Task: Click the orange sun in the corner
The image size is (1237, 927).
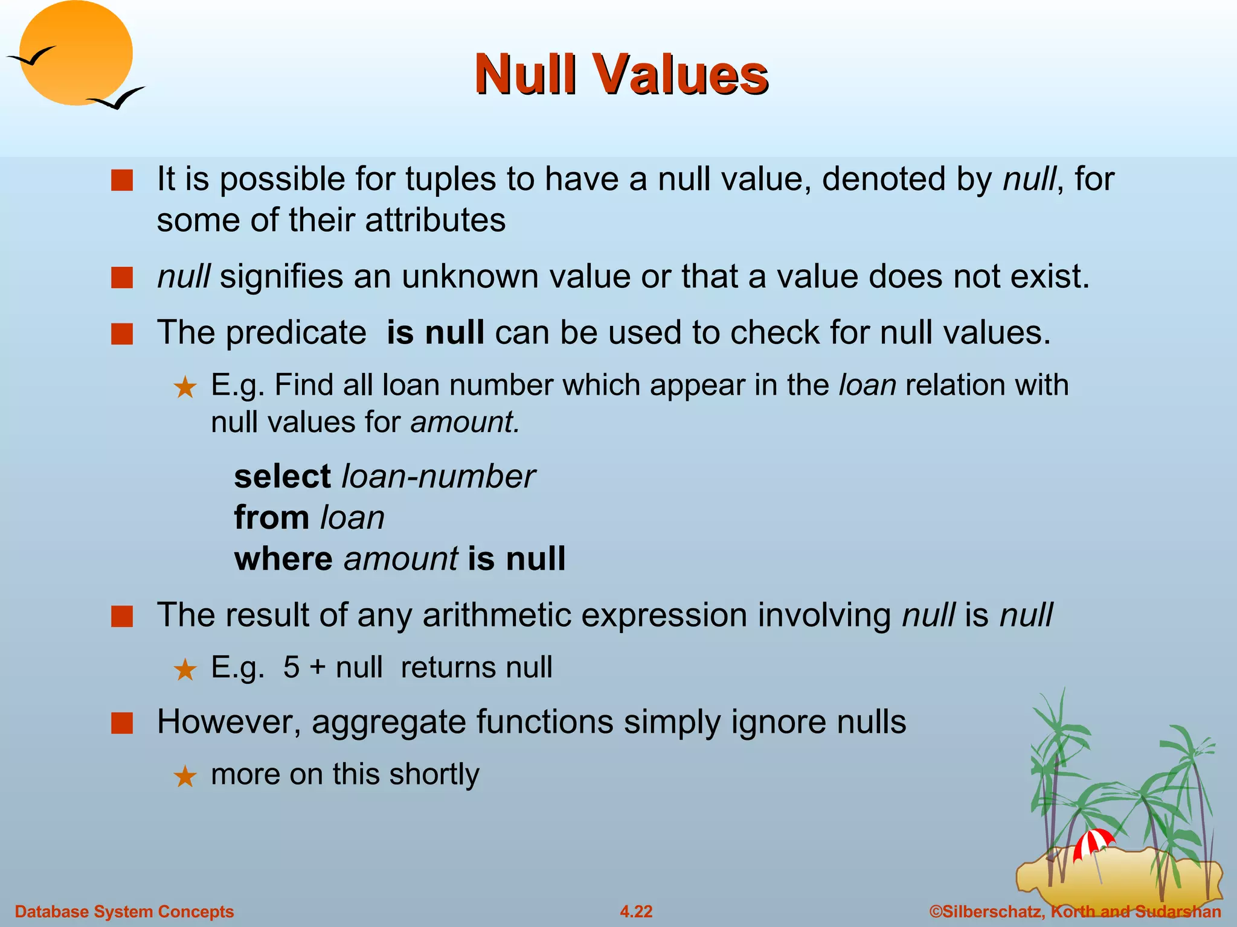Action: pyautogui.click(x=76, y=53)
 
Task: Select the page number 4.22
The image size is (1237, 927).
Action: pyautogui.click(x=636, y=911)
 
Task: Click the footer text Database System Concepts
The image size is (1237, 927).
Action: pyautogui.click(x=124, y=911)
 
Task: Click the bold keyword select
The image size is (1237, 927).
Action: pyautogui.click(x=282, y=477)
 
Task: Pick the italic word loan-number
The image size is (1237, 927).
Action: pyautogui.click(x=438, y=477)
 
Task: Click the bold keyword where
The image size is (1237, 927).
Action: pyautogui.click(x=283, y=559)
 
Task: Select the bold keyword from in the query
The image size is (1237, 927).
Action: pyautogui.click(x=272, y=518)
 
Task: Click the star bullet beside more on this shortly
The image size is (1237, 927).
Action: pyautogui.click(x=185, y=776)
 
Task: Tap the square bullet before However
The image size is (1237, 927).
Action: pyautogui.click(x=122, y=723)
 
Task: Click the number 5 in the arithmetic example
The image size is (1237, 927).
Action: pyautogui.click(x=291, y=667)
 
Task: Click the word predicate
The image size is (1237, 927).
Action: pyautogui.click(x=296, y=333)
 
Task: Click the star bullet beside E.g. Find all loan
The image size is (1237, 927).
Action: pyautogui.click(x=185, y=387)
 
